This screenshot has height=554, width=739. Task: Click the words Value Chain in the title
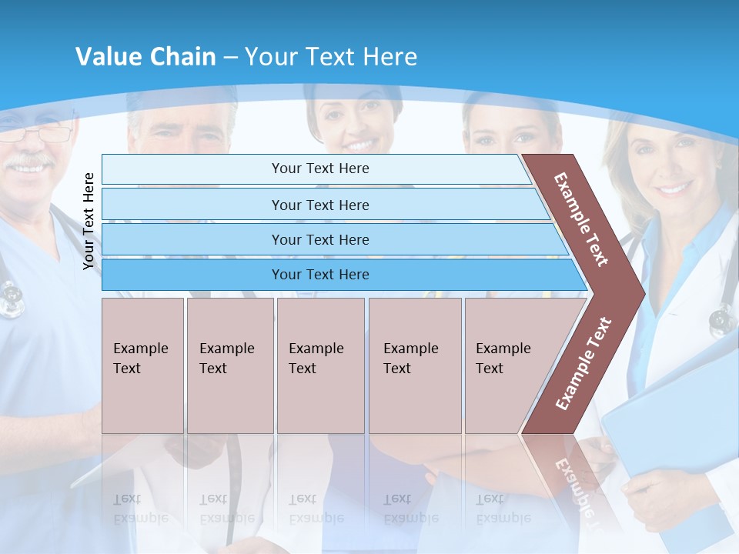coord(145,57)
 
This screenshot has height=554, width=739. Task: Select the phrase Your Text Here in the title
coord(331,57)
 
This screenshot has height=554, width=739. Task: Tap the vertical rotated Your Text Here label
coord(89,221)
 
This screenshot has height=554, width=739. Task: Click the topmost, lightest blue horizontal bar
coord(319,169)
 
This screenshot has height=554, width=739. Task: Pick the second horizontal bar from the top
coord(319,205)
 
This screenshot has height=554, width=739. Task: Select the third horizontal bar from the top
coord(319,239)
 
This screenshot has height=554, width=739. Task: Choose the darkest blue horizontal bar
coord(319,275)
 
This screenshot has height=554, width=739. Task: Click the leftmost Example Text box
coord(142,365)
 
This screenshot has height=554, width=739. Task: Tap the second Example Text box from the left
coord(230,365)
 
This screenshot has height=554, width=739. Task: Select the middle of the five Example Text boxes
coord(320,365)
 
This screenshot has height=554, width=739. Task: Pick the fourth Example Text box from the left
coord(415,365)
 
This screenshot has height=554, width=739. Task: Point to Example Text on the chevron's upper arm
coord(581,219)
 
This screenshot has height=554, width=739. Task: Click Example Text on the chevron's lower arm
coord(584,363)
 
